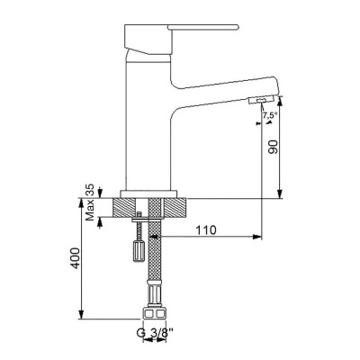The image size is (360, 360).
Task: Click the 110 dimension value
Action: (208, 230)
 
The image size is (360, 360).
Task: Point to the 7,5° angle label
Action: (268, 116)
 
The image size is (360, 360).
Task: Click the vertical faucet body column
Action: (149, 135)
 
